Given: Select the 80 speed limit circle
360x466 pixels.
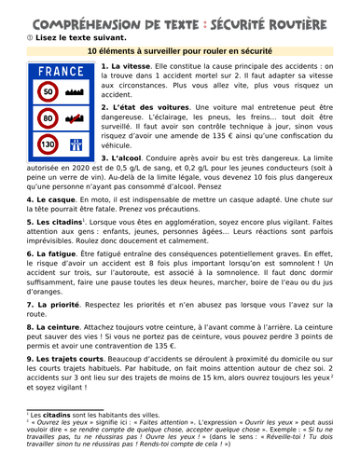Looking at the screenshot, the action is click(x=47, y=119).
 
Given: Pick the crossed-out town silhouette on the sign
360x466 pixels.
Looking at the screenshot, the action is click(x=76, y=119).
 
